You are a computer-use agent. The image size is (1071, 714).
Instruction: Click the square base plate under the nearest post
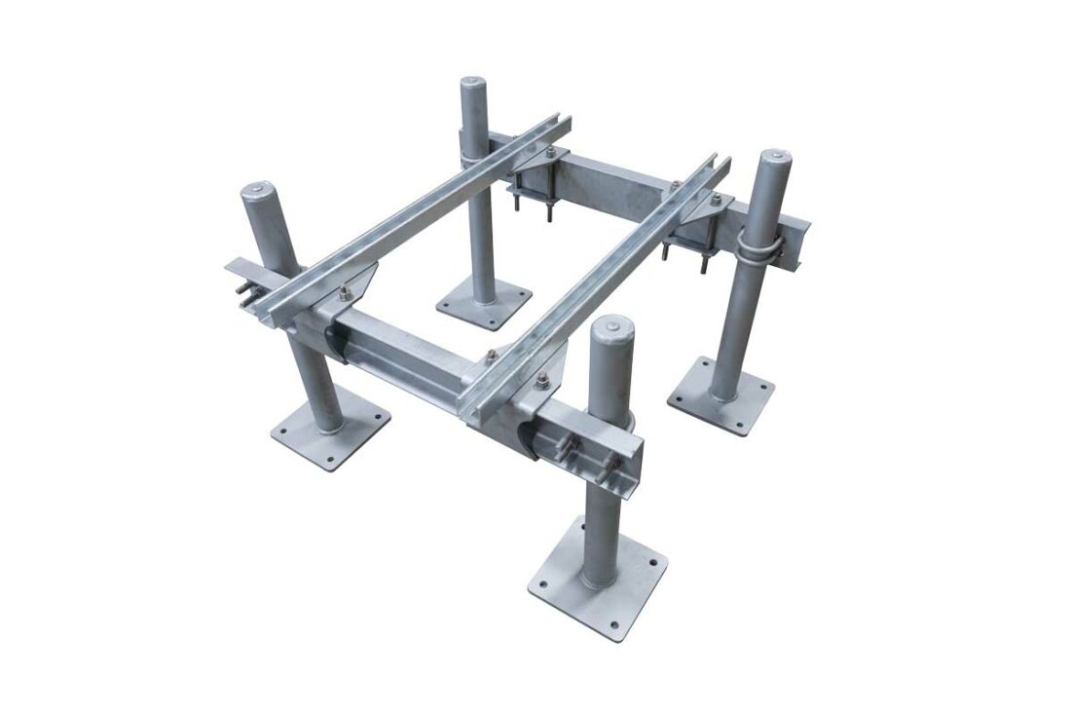point(598,584)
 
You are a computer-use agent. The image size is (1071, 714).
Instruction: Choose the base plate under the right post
point(721,394)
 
